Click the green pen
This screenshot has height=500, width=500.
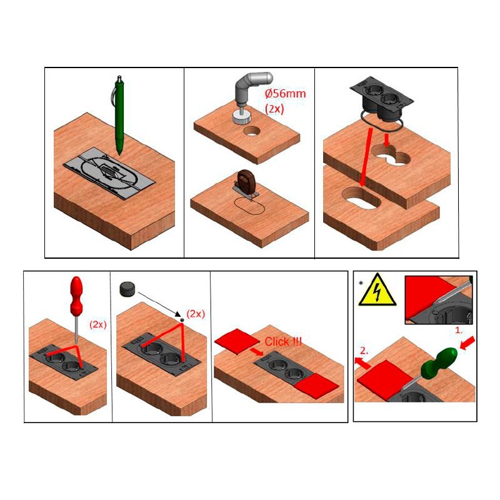click(119, 116)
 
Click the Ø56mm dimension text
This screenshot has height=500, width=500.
click(285, 94)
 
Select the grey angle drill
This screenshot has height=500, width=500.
click(251, 96)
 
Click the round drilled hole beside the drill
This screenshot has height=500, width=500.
click(252, 131)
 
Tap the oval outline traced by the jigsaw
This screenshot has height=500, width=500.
click(249, 206)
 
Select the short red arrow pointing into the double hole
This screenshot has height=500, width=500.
click(387, 140)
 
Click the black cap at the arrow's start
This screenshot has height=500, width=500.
click(127, 289)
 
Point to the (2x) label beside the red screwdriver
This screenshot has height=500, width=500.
click(98, 324)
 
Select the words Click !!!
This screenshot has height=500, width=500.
click(283, 342)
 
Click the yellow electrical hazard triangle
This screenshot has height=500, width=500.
click(377, 290)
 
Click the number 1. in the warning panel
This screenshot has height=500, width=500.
click(459, 331)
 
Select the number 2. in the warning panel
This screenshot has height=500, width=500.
click(364, 351)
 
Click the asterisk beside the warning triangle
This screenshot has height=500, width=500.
click(361, 283)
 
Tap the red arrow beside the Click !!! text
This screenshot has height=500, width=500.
click(256, 351)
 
